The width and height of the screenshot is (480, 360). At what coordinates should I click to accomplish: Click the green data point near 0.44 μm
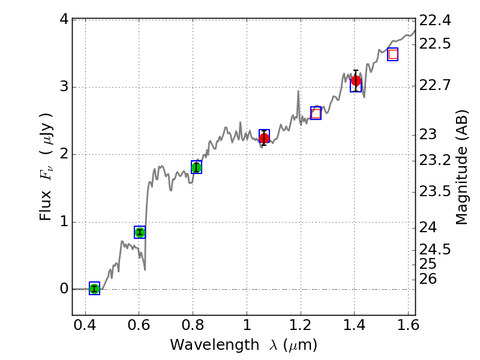tap(94, 289)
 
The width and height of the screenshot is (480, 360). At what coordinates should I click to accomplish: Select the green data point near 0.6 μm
tap(140, 232)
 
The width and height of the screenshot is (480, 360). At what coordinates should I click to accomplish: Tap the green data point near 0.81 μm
tap(196, 167)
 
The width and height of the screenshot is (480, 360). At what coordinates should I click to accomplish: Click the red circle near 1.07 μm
tap(264, 138)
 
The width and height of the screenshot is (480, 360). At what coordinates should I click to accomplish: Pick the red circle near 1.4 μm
tap(356, 81)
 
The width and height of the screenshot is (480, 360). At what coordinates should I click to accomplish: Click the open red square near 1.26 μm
tap(316, 113)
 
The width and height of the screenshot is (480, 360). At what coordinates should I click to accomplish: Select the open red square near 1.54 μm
tap(393, 55)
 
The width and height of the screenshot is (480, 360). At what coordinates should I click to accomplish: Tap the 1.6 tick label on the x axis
tap(408, 329)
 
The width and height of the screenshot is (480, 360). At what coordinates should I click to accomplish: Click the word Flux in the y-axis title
tap(46, 207)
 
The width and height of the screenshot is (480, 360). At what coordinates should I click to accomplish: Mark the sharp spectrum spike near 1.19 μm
tap(298, 92)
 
